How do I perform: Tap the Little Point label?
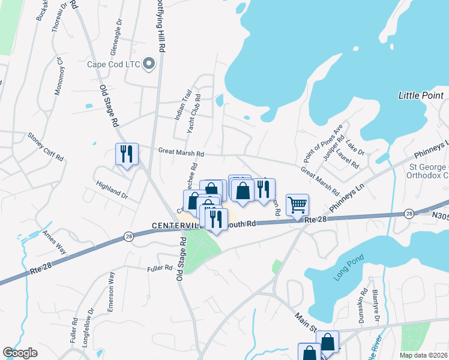coord(421,95)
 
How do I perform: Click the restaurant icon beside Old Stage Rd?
coord(127,155)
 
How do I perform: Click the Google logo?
coord(20,353)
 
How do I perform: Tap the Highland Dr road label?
coord(112,187)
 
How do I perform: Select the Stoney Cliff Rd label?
coord(45,146)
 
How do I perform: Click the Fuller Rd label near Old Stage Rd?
coord(160,268)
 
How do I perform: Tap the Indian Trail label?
coord(182,105)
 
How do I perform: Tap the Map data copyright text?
coord(424,355)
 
